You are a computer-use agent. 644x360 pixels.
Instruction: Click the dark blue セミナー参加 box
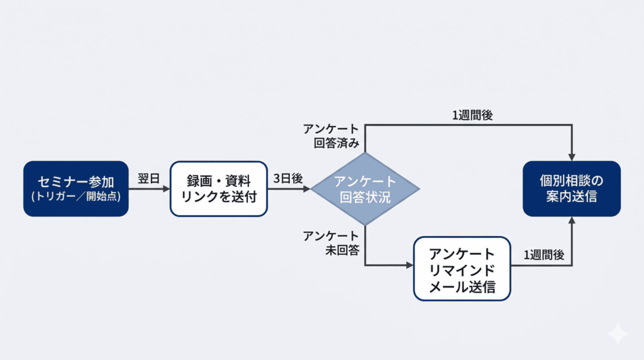75,188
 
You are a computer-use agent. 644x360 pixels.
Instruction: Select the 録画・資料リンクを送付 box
218,188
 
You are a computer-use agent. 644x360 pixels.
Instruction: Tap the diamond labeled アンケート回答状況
365,189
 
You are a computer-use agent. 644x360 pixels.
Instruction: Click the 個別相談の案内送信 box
572,188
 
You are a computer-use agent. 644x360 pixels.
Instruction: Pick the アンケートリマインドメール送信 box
462,268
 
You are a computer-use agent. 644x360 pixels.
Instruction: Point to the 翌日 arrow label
148,178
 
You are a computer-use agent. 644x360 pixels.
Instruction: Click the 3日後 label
288,178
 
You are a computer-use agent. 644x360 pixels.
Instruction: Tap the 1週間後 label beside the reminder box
544,256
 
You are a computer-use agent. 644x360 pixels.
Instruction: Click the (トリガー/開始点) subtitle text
75,196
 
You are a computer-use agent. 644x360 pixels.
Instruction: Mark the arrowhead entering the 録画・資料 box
167,188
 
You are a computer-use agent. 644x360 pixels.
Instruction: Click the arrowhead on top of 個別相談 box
572,156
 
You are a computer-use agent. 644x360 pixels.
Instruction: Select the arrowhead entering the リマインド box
409,266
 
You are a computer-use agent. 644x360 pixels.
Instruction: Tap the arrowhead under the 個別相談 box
572,221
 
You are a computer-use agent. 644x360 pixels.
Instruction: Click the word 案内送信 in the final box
572,197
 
